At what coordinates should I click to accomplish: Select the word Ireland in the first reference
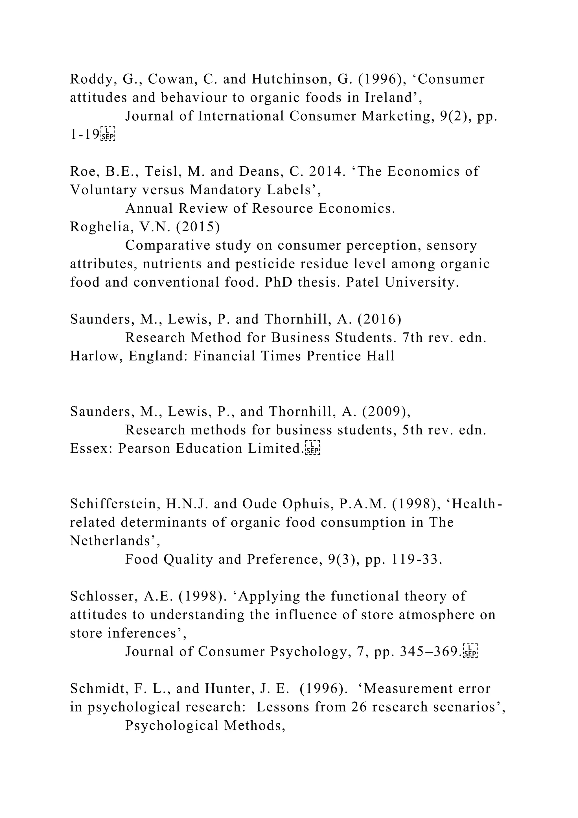coord(391,98)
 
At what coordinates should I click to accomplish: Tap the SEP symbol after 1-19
coord(108,134)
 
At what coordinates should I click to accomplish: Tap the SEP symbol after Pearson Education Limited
coord(313,449)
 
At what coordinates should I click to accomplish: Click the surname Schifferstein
coord(115,504)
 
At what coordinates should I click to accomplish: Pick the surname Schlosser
coord(104,596)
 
